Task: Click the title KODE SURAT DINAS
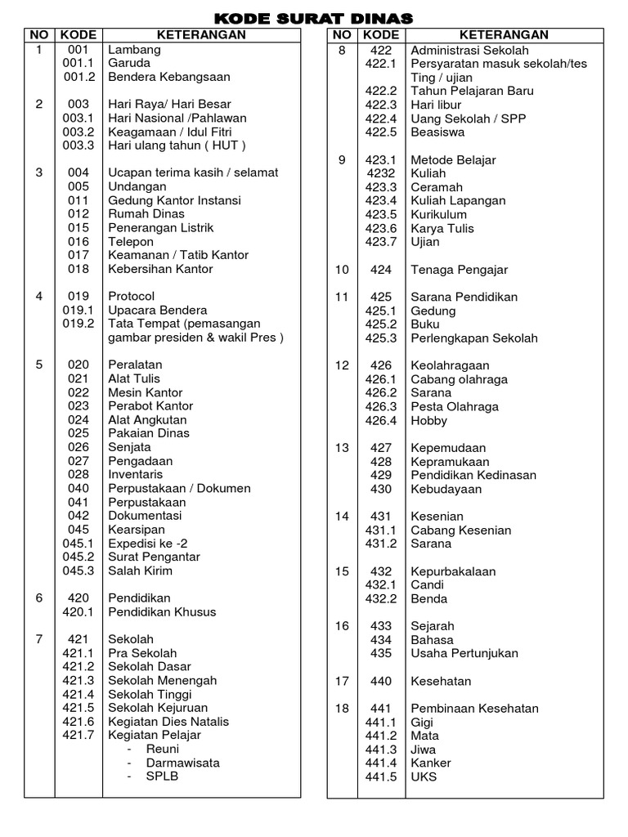coord(314,18)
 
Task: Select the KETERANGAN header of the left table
coord(200,35)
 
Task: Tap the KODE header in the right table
coord(381,35)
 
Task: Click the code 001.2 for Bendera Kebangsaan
coord(79,77)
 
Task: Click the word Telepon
coord(131,241)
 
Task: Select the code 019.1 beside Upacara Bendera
coord(79,310)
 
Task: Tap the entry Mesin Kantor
coord(146,392)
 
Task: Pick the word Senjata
coord(130,447)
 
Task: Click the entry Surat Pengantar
coord(155,557)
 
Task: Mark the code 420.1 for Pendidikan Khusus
coord(79,611)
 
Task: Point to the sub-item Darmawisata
coord(183,763)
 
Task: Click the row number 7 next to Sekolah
coord(38,639)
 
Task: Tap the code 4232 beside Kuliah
coord(381,173)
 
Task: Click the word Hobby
coord(429,420)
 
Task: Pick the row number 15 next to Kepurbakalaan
coord(342,571)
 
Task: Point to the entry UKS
coord(424,777)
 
